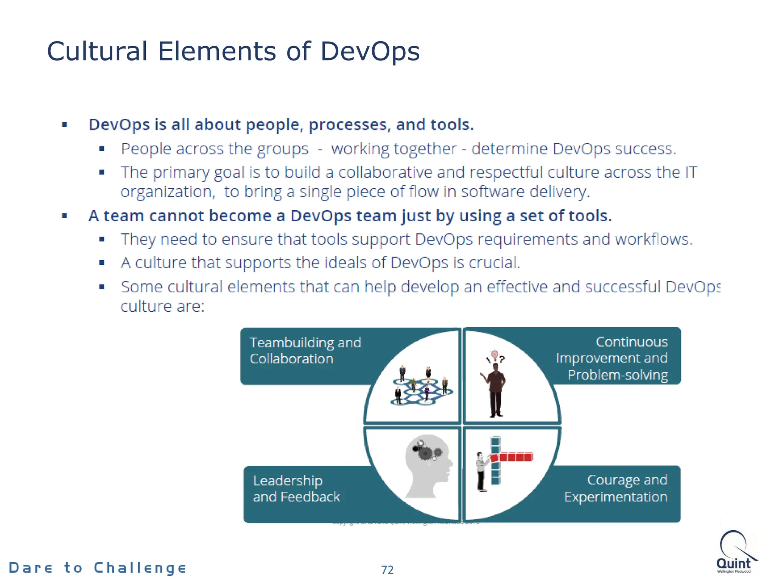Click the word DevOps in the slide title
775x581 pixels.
tap(370, 51)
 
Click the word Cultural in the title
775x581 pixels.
tap(97, 51)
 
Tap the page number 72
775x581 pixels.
tap(387, 570)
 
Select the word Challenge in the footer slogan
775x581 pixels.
tap(140, 568)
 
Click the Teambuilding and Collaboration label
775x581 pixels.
tap(305, 351)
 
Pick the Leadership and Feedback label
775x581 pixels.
tap(296, 489)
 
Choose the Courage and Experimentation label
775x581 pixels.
tap(616, 488)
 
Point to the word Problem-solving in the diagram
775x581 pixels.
tap(618, 375)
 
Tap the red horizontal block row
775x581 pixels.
tap(513, 457)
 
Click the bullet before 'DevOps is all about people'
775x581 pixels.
tap(64, 124)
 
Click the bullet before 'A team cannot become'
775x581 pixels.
tap(64, 216)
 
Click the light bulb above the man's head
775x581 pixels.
tap(494, 354)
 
